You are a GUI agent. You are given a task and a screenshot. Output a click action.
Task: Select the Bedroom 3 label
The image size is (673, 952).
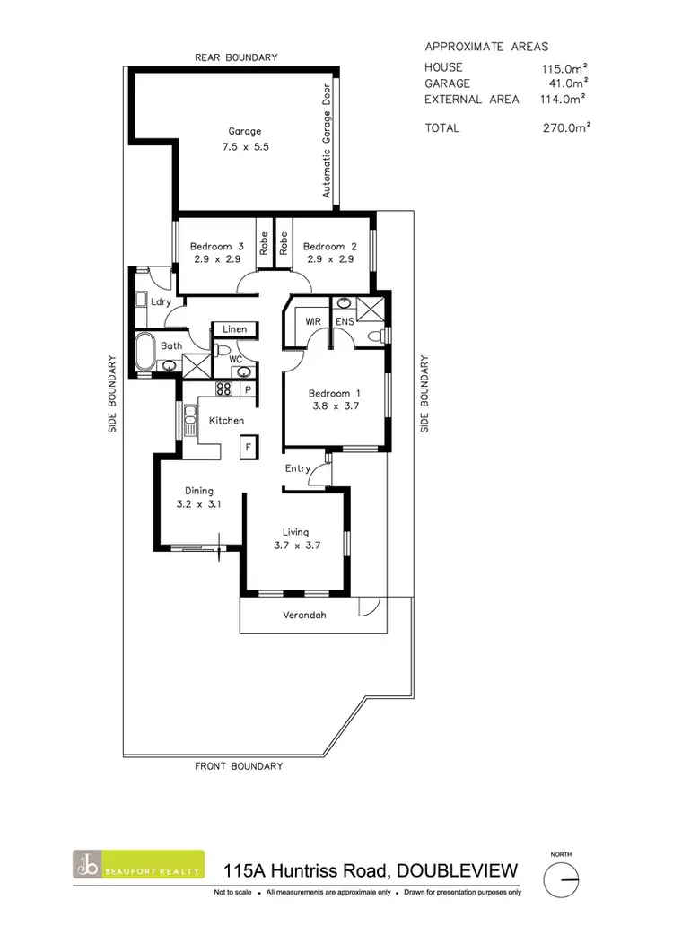pos(216,247)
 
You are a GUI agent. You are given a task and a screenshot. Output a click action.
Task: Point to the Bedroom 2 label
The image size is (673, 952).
pos(324,247)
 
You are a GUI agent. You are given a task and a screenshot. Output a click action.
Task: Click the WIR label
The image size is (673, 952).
pos(314,321)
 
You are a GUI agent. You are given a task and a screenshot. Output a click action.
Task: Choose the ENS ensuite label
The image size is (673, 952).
pos(345,321)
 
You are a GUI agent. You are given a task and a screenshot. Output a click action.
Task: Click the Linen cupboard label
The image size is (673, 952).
pos(234,329)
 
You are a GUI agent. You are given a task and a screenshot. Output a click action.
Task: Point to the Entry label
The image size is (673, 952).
pos(298,468)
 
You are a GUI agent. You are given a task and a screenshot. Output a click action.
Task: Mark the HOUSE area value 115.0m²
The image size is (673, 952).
pos(564,67)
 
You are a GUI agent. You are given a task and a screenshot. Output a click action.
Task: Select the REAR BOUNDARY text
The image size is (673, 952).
pos(236,57)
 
